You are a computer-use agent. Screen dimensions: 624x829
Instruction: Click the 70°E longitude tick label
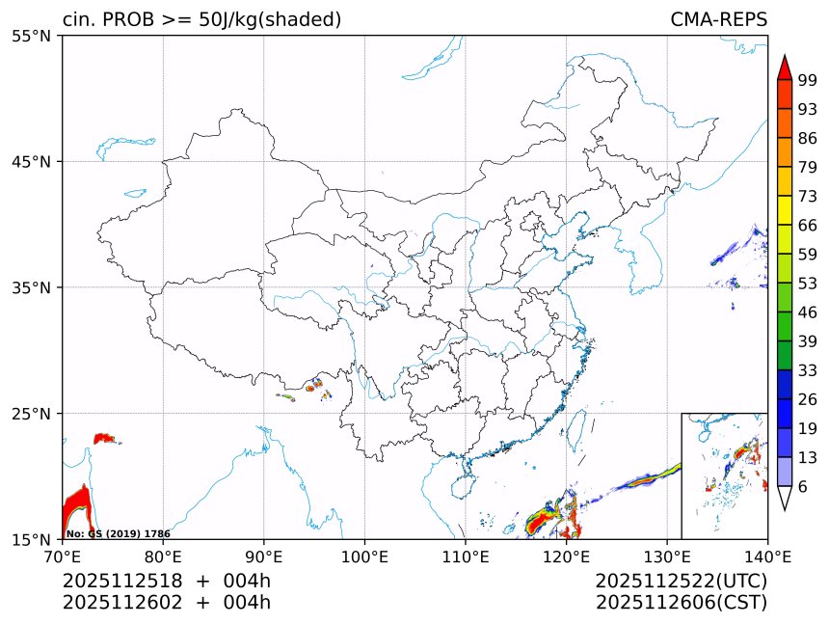63,556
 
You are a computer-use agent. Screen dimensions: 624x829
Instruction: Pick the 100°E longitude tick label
364,556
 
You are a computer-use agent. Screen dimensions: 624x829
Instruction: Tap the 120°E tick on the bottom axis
566,556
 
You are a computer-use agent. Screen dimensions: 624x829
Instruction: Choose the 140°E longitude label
767,556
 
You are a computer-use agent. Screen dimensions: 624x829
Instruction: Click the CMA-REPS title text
718,20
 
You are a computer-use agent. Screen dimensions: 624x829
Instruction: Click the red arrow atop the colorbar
784,68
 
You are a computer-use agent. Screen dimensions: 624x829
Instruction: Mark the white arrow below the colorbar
784,498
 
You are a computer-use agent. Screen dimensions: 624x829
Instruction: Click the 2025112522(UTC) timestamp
681,581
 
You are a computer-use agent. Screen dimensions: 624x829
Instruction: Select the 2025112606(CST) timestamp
681,603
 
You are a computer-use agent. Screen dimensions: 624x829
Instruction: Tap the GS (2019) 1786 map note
119,533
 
